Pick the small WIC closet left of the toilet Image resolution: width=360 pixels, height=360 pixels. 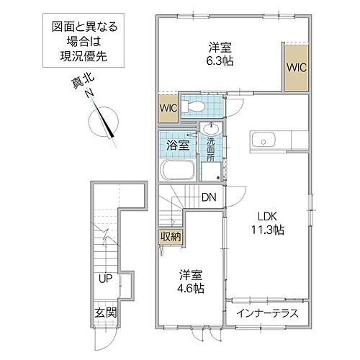point(168,109)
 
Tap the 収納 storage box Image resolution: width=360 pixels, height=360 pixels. point(170,236)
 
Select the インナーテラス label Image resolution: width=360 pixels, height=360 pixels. point(265,314)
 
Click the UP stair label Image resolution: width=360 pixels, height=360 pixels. point(105,279)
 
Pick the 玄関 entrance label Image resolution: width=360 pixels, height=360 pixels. point(104,313)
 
